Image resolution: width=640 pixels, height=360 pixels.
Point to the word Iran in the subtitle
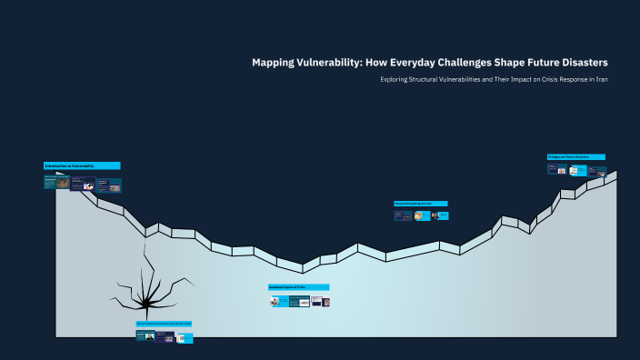[x=602, y=80]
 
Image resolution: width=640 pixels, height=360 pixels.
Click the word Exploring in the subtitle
[x=397, y=80]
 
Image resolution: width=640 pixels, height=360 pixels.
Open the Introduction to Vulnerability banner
[x=82, y=165]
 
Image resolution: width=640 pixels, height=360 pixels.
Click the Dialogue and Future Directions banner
[x=575, y=156]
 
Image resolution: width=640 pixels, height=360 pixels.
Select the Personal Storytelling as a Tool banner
[x=421, y=204]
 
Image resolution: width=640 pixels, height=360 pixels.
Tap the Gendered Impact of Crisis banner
[x=298, y=287]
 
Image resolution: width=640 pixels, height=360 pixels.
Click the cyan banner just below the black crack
[x=164, y=324]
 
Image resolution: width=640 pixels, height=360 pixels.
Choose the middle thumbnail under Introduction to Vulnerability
[x=83, y=185]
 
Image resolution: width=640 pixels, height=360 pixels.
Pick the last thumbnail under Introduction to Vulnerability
[x=109, y=185]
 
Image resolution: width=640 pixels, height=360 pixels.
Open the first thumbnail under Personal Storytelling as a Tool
[x=403, y=215]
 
